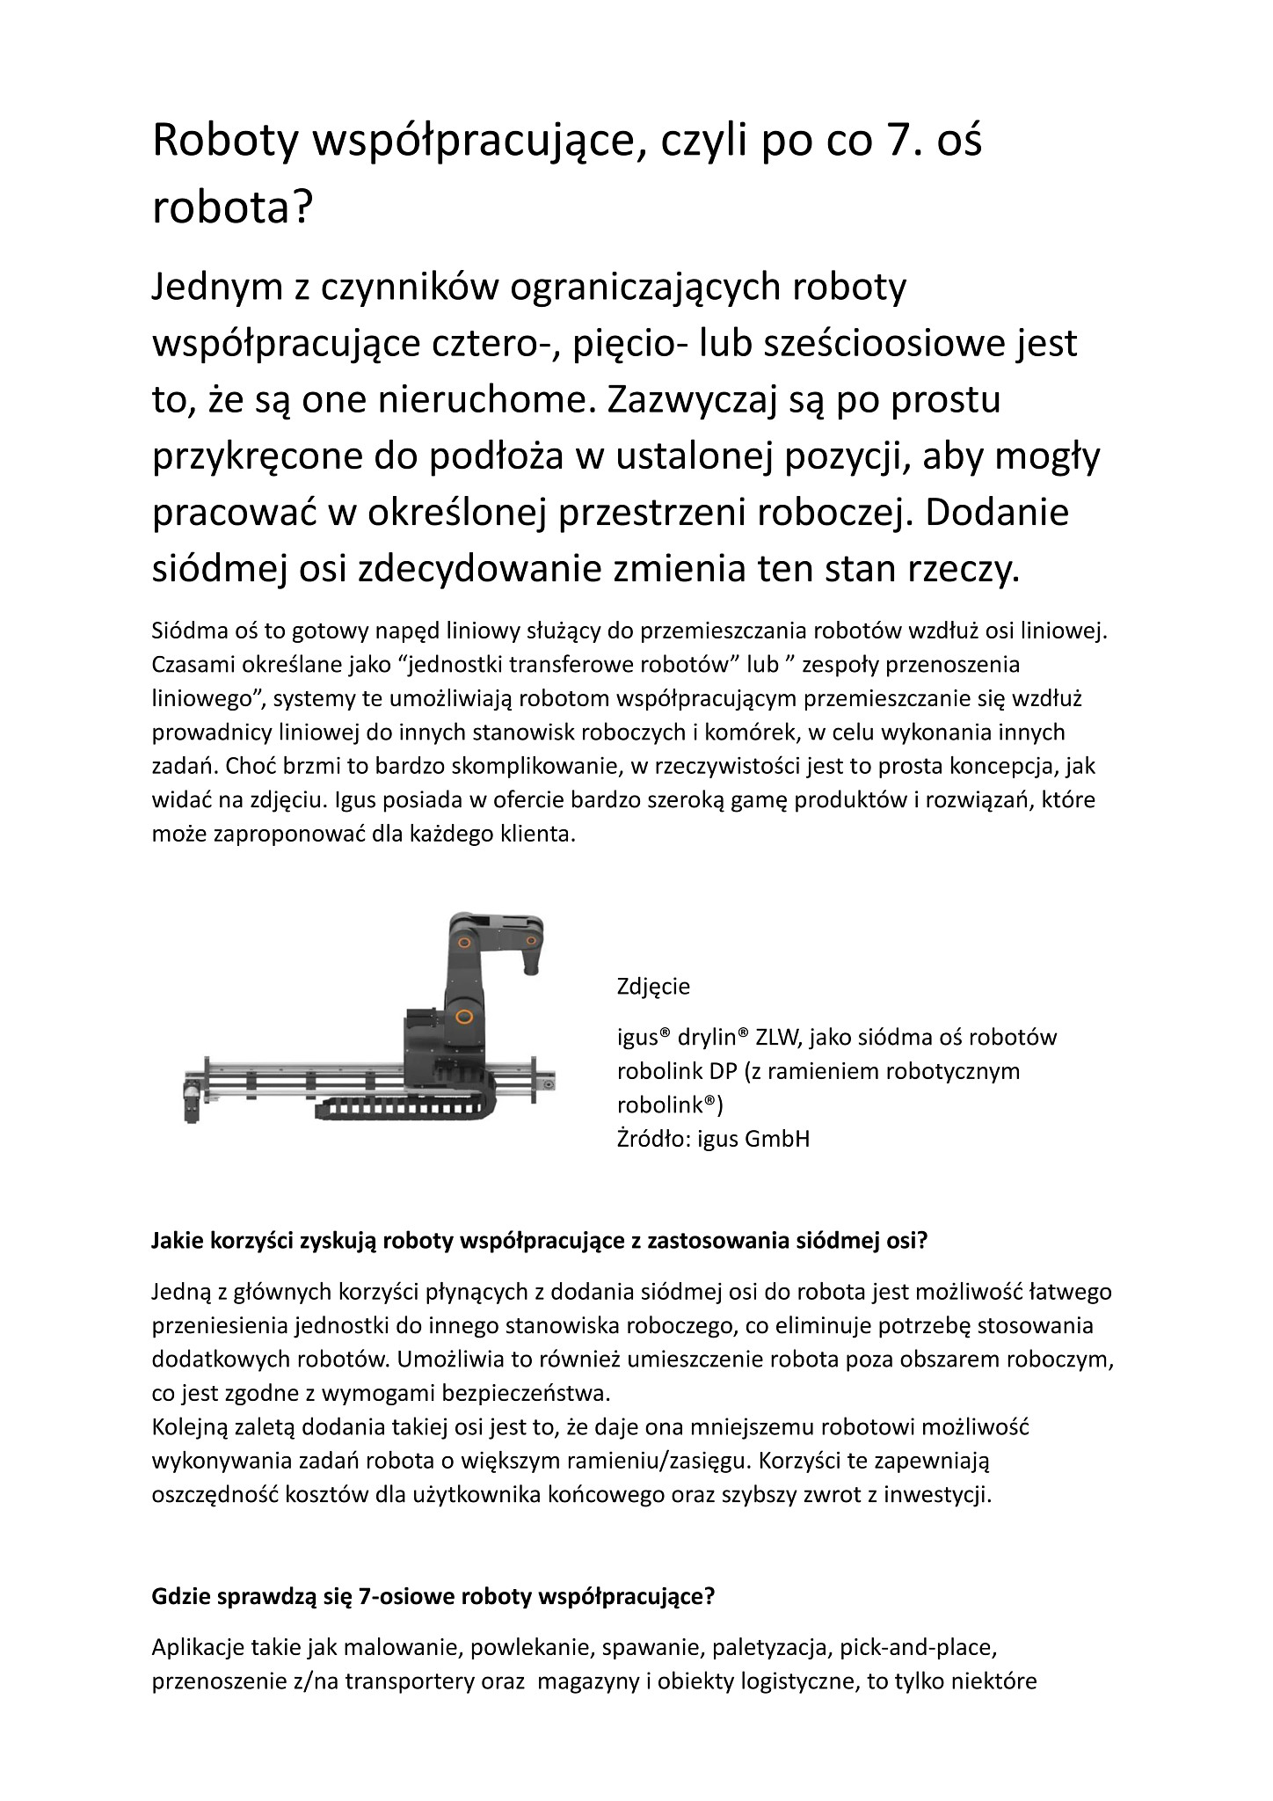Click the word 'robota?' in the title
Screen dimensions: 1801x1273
point(233,208)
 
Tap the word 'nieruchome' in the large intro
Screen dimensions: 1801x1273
point(481,401)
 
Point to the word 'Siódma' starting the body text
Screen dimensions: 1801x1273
point(185,631)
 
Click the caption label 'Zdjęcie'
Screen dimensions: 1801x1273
point(653,986)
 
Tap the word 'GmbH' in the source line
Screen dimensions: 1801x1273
point(777,1139)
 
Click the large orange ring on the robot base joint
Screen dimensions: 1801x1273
point(464,1017)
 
